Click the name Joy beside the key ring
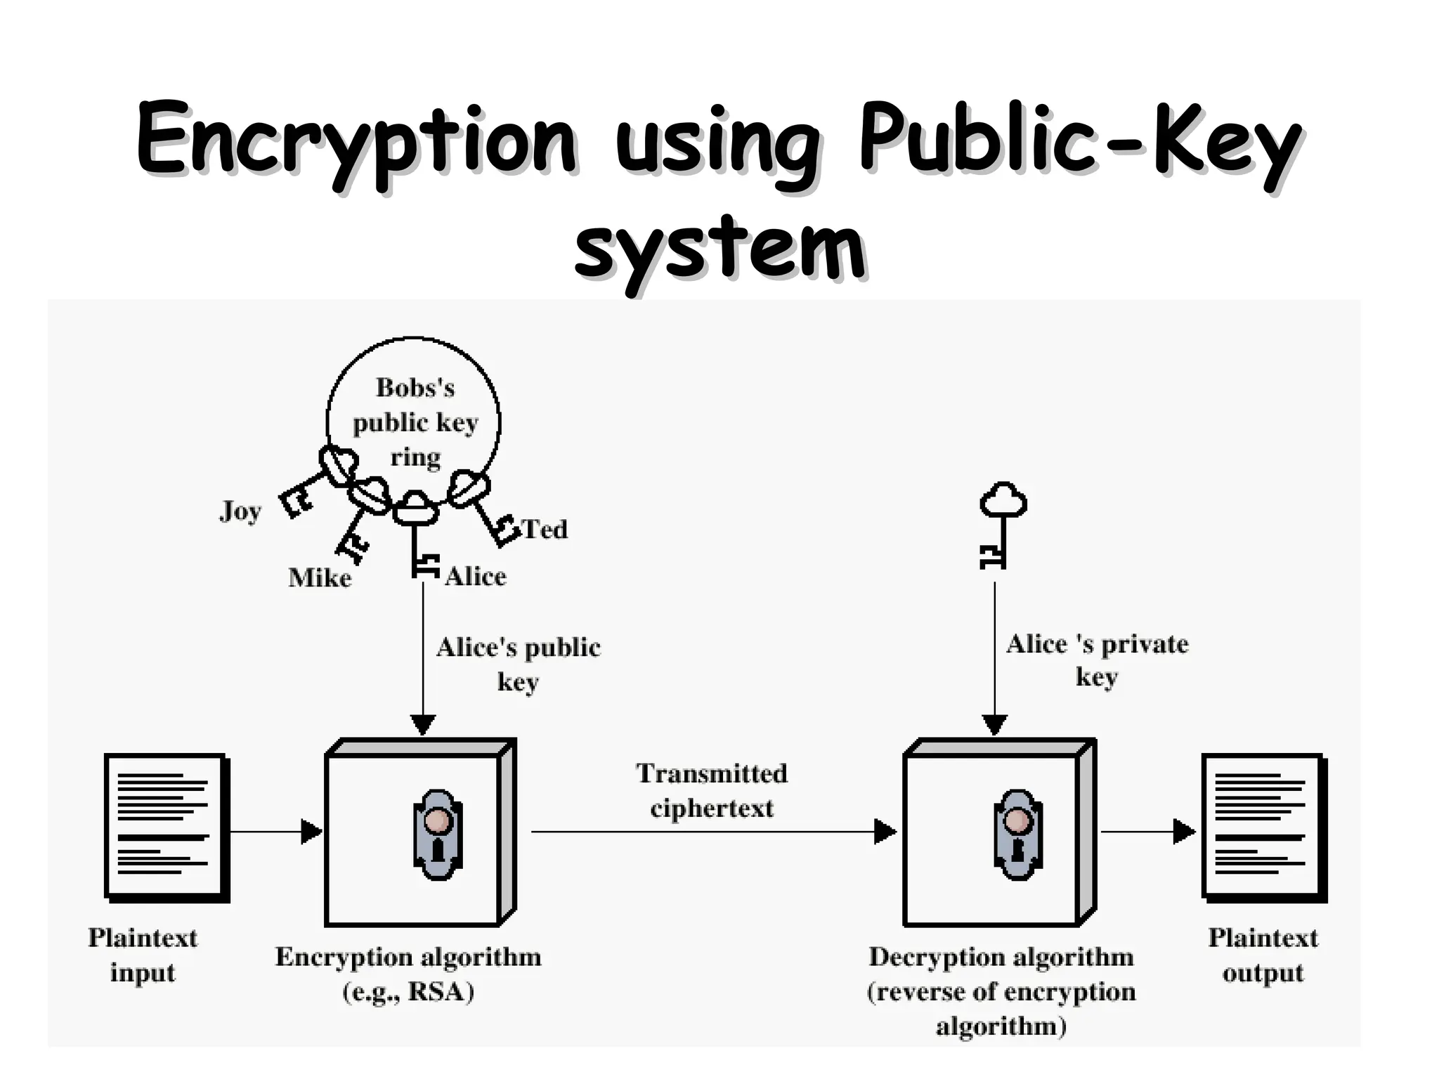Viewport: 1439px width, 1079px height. click(x=240, y=511)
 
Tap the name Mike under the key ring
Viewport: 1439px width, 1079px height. click(x=320, y=578)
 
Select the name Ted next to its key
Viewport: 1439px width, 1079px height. click(x=545, y=529)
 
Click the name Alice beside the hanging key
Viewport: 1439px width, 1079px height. click(x=476, y=577)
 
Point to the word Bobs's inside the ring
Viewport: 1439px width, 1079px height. click(x=415, y=387)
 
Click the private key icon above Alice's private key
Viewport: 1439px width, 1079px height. click(x=1001, y=523)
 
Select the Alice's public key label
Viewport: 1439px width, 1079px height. click(x=519, y=664)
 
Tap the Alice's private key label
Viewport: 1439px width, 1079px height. click(x=1097, y=660)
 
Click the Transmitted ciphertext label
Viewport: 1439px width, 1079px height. click(x=712, y=790)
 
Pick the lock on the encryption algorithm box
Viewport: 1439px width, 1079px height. click(x=437, y=834)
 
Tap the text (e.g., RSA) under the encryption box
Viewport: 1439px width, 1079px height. click(x=408, y=992)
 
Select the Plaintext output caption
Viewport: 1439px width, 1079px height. click(x=1263, y=955)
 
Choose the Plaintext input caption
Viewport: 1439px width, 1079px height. click(x=143, y=955)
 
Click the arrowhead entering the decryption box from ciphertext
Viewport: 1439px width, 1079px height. click(x=885, y=832)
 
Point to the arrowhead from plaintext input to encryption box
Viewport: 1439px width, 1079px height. click(x=311, y=832)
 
